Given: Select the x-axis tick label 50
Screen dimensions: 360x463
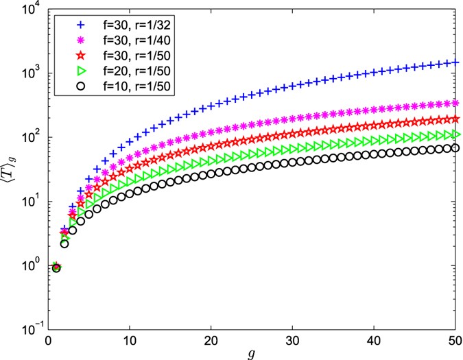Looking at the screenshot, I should [x=455, y=341].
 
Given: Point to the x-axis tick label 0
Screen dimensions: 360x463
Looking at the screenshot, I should [x=48, y=341].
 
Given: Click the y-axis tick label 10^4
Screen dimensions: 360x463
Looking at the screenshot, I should [x=32, y=9].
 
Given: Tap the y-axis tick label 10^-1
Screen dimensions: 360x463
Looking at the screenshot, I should [x=30, y=329].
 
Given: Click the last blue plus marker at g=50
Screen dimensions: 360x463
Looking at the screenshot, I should [x=455, y=62].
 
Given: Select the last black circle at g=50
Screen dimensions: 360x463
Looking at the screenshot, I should [x=455, y=148].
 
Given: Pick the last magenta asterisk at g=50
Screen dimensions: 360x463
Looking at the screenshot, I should [x=455, y=104].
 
